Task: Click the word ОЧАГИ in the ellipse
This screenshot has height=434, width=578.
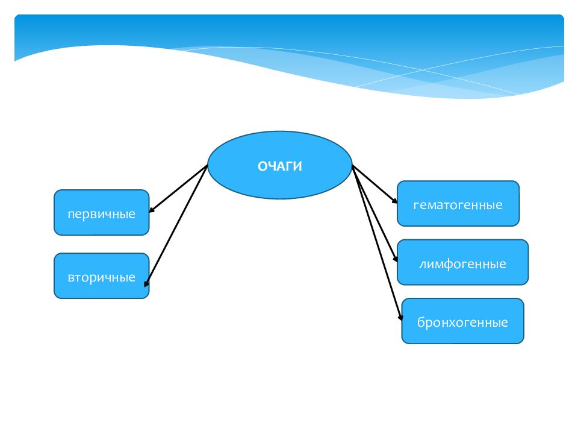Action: click(280, 166)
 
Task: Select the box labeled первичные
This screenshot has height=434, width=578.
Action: click(101, 213)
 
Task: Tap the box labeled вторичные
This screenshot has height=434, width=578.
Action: click(101, 275)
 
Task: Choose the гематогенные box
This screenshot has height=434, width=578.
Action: click(458, 203)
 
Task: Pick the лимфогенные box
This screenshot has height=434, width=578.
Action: click(462, 262)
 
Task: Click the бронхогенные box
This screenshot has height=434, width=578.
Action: click(462, 321)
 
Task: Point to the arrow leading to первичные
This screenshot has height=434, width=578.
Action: click(178, 189)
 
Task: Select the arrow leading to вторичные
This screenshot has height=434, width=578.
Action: click(176, 226)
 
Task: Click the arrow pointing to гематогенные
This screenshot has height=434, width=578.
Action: click(374, 184)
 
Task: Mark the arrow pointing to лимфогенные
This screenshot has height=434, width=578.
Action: click(374, 213)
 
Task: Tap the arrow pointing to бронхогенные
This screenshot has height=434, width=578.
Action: click(377, 242)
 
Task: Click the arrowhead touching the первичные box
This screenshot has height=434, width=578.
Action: click(151, 210)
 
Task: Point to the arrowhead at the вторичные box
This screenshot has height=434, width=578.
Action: click(146, 284)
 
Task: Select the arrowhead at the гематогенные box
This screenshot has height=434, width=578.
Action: click(395, 201)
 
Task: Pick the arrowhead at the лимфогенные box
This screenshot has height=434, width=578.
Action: click(396, 259)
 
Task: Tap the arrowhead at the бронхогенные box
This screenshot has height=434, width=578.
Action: click(401, 317)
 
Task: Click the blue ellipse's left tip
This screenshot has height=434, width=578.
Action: click(208, 165)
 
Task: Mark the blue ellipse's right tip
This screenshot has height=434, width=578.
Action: click(352, 165)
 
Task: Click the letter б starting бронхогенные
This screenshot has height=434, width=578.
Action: click(421, 322)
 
